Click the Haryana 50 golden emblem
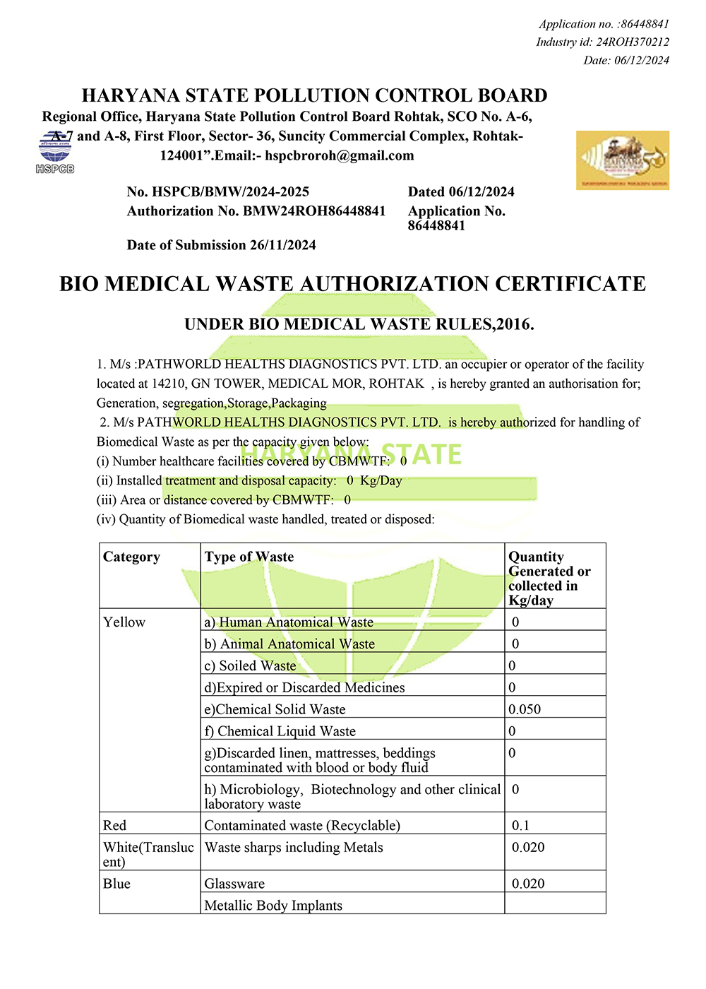[622, 160]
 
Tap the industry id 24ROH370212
[633, 42]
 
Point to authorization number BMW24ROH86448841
[314, 211]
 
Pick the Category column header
[132, 557]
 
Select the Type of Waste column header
[249, 557]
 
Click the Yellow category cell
[124, 622]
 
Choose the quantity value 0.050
[525, 709]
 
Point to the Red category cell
[115, 825]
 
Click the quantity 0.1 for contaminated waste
[520, 825]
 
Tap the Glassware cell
[235, 884]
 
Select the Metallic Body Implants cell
[273, 906]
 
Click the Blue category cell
[117, 884]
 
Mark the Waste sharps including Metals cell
[294, 847]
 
